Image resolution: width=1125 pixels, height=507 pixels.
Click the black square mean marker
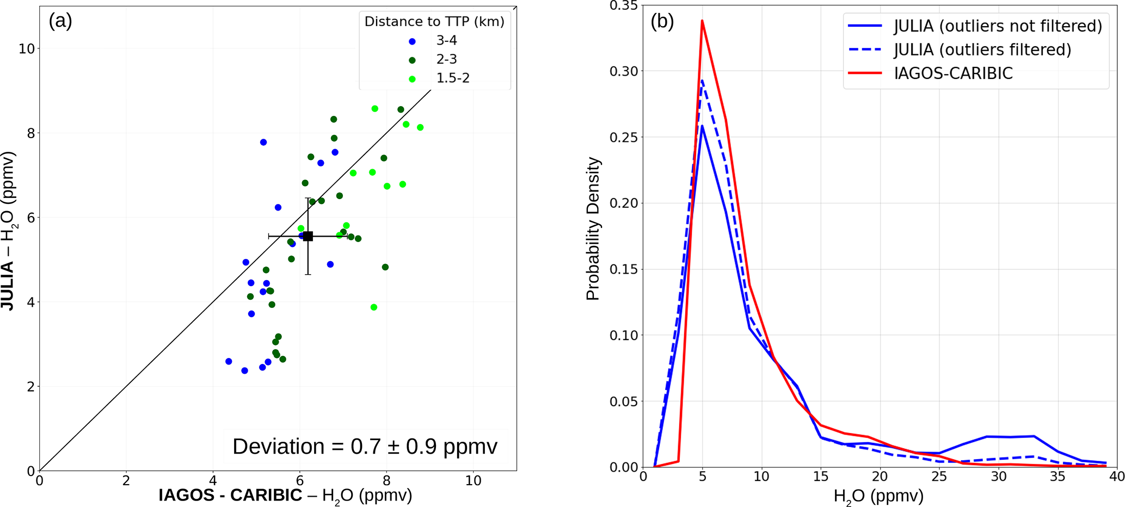click(x=308, y=236)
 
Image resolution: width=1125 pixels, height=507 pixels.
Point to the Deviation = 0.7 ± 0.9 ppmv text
click(x=365, y=447)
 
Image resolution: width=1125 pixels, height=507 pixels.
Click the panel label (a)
click(x=60, y=21)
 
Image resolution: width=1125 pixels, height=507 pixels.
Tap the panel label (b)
click(x=662, y=21)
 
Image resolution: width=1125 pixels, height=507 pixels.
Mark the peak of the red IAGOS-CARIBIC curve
click(x=702, y=21)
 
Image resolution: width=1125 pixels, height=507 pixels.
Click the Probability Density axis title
click(x=593, y=228)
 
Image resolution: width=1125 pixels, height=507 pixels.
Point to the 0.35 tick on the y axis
click(x=624, y=6)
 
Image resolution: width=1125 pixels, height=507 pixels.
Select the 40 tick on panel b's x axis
click(x=1117, y=477)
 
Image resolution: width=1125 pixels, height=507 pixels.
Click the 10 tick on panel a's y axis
click(x=26, y=49)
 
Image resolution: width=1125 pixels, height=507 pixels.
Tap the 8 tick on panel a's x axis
click(x=386, y=481)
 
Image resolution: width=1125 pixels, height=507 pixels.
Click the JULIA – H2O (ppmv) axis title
click(x=9, y=231)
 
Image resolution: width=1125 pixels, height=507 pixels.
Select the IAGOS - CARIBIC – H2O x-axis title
click(x=285, y=496)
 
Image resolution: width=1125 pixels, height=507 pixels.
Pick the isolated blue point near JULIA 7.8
click(x=263, y=143)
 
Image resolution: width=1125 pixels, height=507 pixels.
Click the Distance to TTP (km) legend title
click(x=434, y=22)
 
